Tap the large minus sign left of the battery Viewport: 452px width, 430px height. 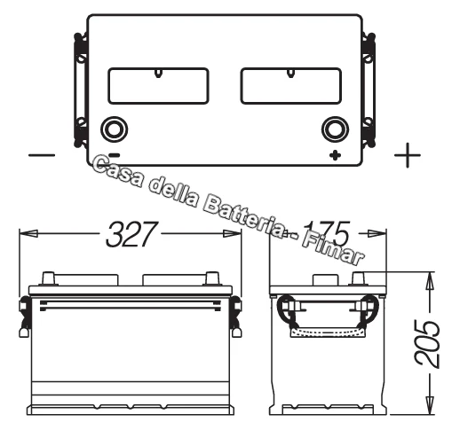click(42, 155)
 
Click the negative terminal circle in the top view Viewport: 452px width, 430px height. click(113, 129)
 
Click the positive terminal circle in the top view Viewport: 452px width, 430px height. click(335, 129)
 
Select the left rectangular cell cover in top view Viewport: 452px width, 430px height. click(157, 87)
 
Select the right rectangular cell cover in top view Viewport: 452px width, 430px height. click(290, 87)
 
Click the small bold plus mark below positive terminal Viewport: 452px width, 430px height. click(335, 156)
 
